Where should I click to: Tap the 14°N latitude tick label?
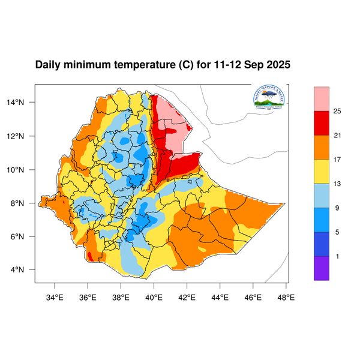click(x=23, y=103)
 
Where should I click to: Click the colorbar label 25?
click(x=337, y=111)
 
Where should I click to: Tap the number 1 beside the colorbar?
click(x=337, y=256)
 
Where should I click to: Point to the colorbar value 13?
click(x=337, y=184)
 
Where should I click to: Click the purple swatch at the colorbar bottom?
click(x=322, y=268)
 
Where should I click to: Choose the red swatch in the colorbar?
click(x=322, y=123)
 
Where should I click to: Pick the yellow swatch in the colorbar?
click(x=322, y=172)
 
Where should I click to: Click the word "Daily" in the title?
click(x=48, y=65)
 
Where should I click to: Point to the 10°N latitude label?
click(x=23, y=169)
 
